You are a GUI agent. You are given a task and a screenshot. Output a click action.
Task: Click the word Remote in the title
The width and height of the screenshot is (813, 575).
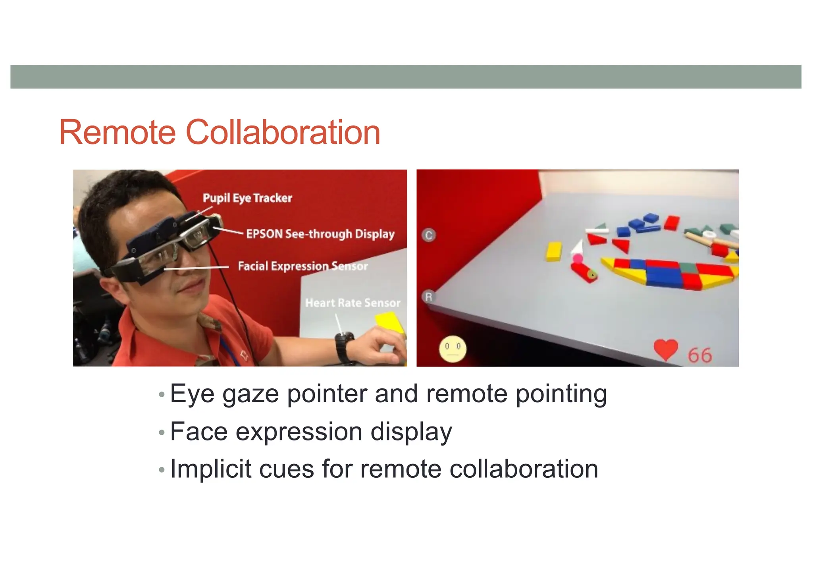(x=118, y=133)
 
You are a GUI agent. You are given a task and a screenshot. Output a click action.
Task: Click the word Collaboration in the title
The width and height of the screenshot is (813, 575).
(x=283, y=133)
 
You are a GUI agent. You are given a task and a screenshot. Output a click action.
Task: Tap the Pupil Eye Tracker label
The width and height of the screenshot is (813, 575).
(x=247, y=198)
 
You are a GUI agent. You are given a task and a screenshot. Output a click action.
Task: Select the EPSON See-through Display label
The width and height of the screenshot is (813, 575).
(x=320, y=234)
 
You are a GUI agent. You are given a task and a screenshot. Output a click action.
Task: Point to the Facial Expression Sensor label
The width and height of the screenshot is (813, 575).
(x=302, y=266)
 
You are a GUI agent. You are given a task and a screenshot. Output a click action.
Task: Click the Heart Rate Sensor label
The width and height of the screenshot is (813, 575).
(x=353, y=303)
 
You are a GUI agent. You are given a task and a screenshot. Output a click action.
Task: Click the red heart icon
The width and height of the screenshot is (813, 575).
(x=665, y=350)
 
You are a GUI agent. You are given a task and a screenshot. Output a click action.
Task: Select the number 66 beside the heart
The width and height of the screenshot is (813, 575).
(x=700, y=355)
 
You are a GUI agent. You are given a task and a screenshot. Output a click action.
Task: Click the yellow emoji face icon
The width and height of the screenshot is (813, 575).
(x=453, y=349)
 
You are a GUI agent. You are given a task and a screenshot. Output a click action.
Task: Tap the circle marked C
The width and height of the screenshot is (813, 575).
(x=429, y=235)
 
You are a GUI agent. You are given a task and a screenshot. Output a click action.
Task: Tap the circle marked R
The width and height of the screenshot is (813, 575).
(x=428, y=297)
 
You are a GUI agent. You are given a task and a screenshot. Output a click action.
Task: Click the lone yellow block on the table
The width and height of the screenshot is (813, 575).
(x=554, y=252)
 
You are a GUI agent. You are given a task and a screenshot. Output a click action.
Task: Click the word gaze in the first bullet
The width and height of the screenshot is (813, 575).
(x=250, y=395)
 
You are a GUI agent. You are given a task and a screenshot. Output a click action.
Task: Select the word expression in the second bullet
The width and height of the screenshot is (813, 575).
(x=299, y=432)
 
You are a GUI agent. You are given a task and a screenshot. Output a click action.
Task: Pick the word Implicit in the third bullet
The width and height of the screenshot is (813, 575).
(x=210, y=469)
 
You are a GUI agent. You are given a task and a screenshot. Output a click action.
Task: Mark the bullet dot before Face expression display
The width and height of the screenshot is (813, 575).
(x=161, y=432)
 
